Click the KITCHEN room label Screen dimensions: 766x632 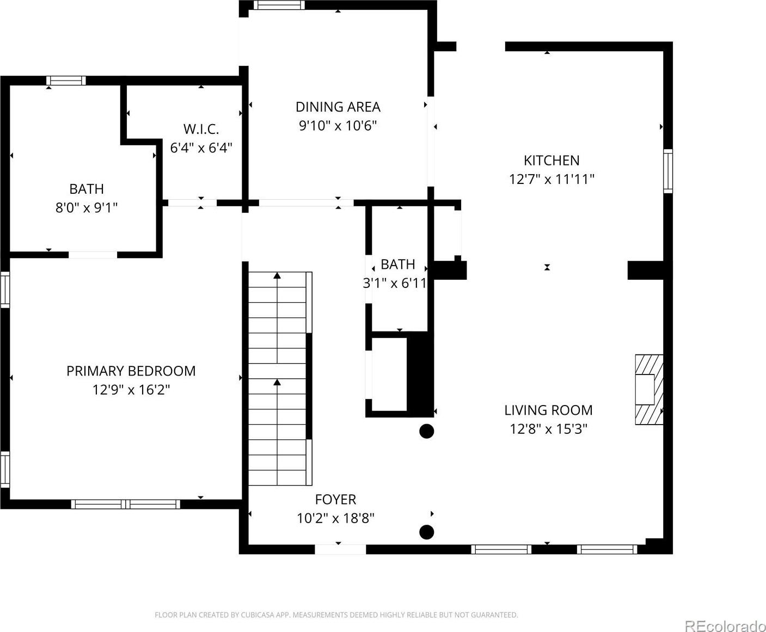pos(551,160)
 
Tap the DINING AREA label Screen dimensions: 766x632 pos(338,107)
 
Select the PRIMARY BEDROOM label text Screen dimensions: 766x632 pos(131,371)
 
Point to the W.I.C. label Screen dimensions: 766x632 pos(201,129)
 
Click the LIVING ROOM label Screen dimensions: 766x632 pos(548,410)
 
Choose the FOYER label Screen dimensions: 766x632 pos(336,499)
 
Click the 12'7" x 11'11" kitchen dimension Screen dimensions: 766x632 pos(551,180)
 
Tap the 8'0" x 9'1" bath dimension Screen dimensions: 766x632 pos(87,207)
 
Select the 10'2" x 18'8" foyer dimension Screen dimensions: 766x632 pos(336,518)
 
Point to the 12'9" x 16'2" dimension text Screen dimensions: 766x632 pos(131,390)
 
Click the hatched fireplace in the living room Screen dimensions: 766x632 pos(649,390)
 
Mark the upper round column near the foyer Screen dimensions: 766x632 pos(427,431)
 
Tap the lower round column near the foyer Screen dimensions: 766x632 pos(427,532)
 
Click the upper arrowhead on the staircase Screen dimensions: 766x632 pos(277,275)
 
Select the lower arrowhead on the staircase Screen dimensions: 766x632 pos(277,382)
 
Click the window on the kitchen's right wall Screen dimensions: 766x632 pos(668,171)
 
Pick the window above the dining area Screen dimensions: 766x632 pos(279,5)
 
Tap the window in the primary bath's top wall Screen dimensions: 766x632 pos(66,81)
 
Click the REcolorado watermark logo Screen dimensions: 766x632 pos(725,625)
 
